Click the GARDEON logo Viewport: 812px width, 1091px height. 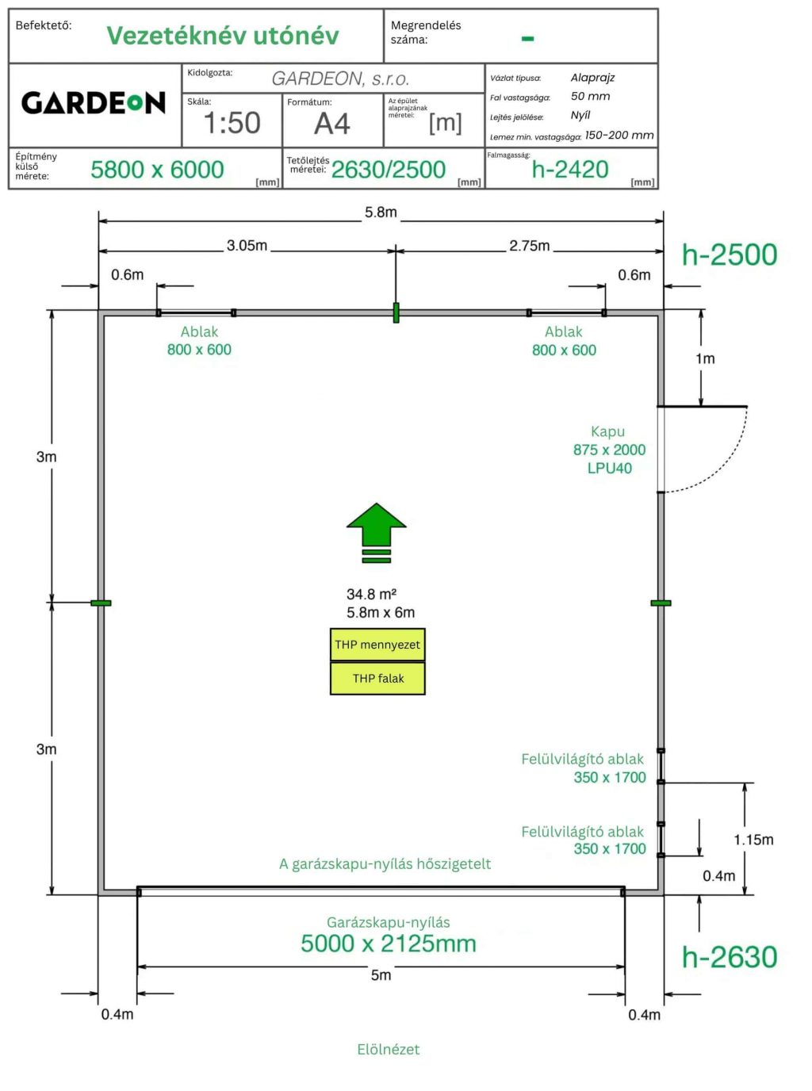(x=94, y=103)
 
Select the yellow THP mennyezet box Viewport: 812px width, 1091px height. (x=377, y=645)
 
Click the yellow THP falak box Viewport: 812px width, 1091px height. (x=377, y=679)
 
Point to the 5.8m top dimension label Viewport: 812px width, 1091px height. (x=381, y=212)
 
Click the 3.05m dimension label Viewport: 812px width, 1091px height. (x=247, y=246)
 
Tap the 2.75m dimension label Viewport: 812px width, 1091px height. (x=530, y=246)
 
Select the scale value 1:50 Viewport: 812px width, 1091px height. (x=232, y=123)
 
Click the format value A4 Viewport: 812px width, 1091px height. (x=331, y=124)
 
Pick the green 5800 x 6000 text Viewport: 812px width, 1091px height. (x=157, y=170)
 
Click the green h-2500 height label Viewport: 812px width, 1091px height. (x=730, y=255)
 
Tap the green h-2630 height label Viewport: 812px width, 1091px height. (x=730, y=957)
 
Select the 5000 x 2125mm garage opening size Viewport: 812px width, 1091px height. (x=389, y=944)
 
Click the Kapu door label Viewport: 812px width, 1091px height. (x=608, y=432)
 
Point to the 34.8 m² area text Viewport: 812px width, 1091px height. (x=371, y=594)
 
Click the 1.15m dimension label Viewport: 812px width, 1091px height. (x=753, y=840)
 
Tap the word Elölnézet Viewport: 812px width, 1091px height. (x=388, y=1049)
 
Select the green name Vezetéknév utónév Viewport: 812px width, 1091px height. (x=223, y=36)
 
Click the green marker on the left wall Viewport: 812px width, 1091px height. (x=101, y=603)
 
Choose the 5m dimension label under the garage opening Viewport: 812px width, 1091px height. (x=381, y=975)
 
